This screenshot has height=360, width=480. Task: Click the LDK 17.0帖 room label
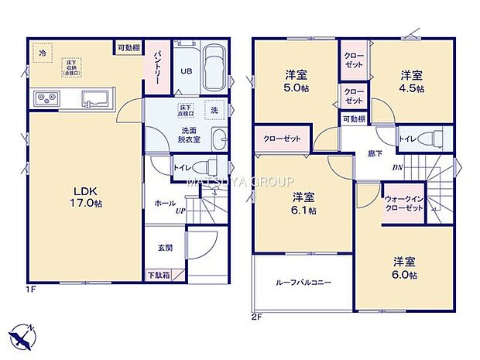tap(87, 197)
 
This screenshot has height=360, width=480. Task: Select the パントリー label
tap(155, 61)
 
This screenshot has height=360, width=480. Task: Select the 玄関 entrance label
tap(166, 247)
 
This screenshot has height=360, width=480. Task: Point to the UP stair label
tap(180, 210)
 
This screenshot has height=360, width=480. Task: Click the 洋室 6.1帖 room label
tap(303, 204)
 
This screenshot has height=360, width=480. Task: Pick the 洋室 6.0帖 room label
tap(404, 268)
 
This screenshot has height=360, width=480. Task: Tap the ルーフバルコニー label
tap(303, 283)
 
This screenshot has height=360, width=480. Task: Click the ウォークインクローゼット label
tap(403, 204)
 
